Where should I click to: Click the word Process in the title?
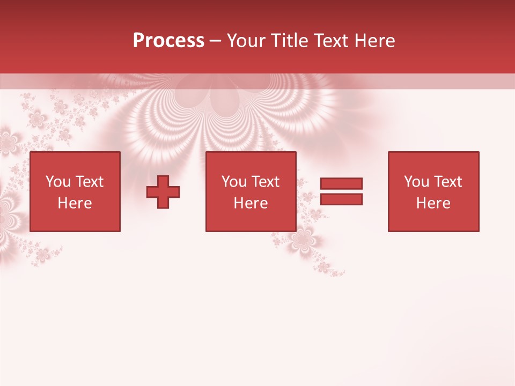pos(168,41)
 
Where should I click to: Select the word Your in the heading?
pos(247,41)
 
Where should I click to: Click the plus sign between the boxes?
pos(163,192)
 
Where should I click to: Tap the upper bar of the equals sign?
pos(341,184)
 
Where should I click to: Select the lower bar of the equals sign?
pos(341,199)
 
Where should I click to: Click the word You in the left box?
pos(58,182)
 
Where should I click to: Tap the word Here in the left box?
pos(75,203)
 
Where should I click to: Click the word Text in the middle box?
pos(266,182)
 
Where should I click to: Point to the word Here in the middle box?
pos(251,203)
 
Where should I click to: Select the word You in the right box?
pos(416,182)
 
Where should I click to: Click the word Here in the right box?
pos(433,203)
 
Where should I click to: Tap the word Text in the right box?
pos(448,182)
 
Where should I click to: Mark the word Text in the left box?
pos(90,182)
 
